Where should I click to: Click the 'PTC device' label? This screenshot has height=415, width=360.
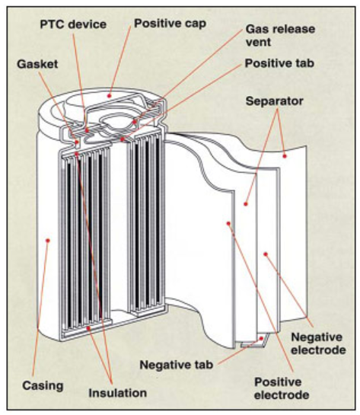tap(73, 24)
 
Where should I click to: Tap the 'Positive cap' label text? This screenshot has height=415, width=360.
tap(170, 24)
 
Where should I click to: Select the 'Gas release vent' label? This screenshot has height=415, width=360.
tap(280, 36)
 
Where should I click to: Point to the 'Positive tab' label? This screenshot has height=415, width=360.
tap(279, 63)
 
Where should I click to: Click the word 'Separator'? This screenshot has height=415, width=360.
tap(274, 101)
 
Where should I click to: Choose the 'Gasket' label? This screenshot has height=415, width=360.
tap(37, 64)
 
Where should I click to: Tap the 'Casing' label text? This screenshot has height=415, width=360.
tap(43, 385)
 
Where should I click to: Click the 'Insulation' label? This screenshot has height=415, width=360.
tap(118, 393)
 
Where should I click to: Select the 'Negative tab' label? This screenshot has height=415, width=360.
tap(176, 365)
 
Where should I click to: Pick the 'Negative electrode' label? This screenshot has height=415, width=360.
tap(318, 343)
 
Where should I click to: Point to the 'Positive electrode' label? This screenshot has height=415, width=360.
tap(282, 388)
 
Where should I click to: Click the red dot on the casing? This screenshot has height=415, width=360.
tap(48, 241)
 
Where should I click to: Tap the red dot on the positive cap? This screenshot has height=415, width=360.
tap(109, 95)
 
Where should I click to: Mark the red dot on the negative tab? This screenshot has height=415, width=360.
tap(261, 339)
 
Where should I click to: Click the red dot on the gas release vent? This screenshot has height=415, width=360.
tap(135, 122)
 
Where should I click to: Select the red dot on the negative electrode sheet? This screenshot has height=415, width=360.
tap(266, 254)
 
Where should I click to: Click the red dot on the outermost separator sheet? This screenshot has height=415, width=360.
tap(285, 156)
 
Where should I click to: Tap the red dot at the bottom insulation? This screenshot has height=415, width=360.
tap(88, 328)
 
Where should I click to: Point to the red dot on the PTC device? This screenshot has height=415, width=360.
tap(87, 130)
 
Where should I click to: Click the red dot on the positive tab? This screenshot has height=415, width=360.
tap(123, 139)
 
